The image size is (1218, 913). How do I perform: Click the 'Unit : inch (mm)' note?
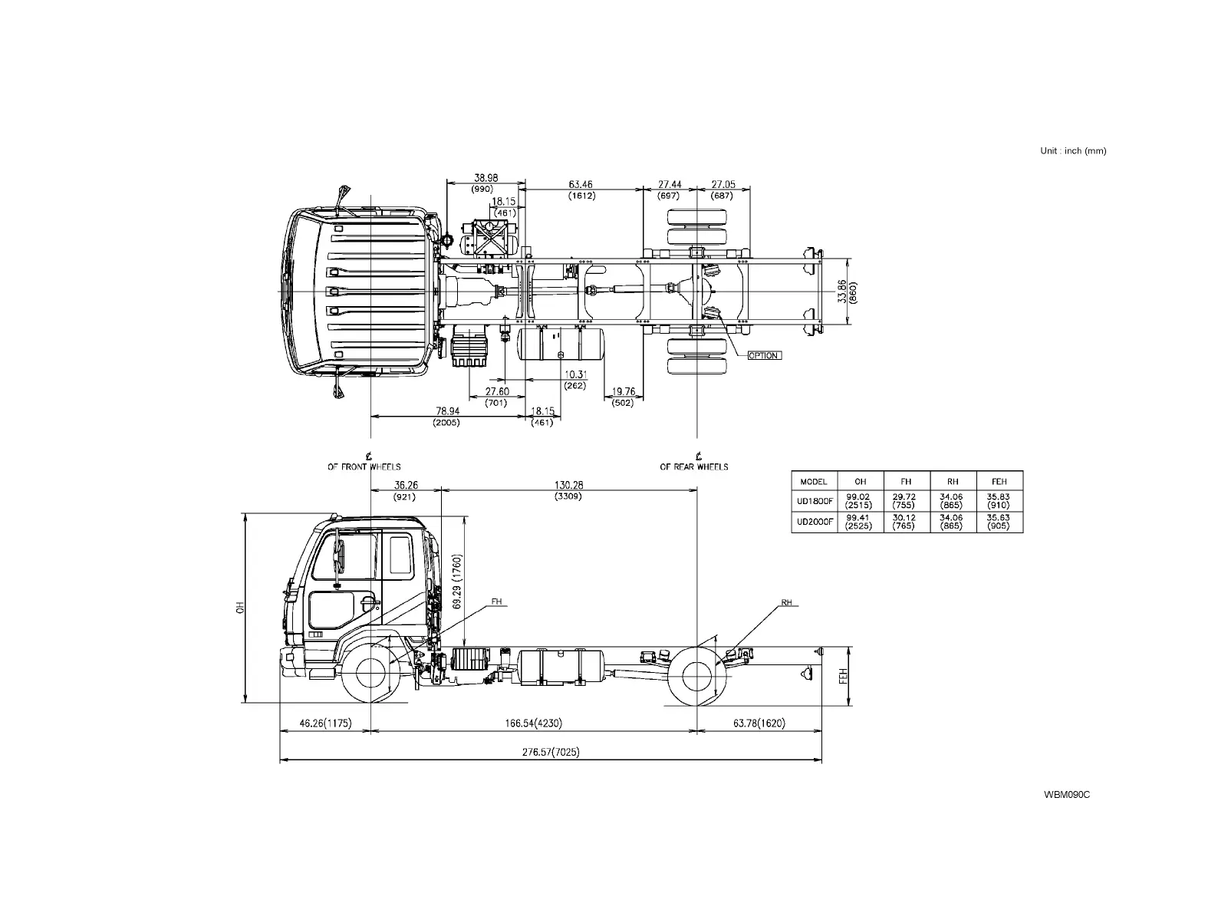1072,151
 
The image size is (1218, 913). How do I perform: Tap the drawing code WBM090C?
1066,794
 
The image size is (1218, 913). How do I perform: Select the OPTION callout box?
764,355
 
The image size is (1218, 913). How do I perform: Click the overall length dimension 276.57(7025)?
551,752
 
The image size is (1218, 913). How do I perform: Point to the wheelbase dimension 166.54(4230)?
533,723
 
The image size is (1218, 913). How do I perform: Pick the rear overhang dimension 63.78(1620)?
759,723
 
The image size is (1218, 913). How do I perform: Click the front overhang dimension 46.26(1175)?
325,723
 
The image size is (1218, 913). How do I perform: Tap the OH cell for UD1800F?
858,501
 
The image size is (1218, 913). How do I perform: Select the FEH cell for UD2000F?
999,522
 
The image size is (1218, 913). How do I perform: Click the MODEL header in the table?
814,482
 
